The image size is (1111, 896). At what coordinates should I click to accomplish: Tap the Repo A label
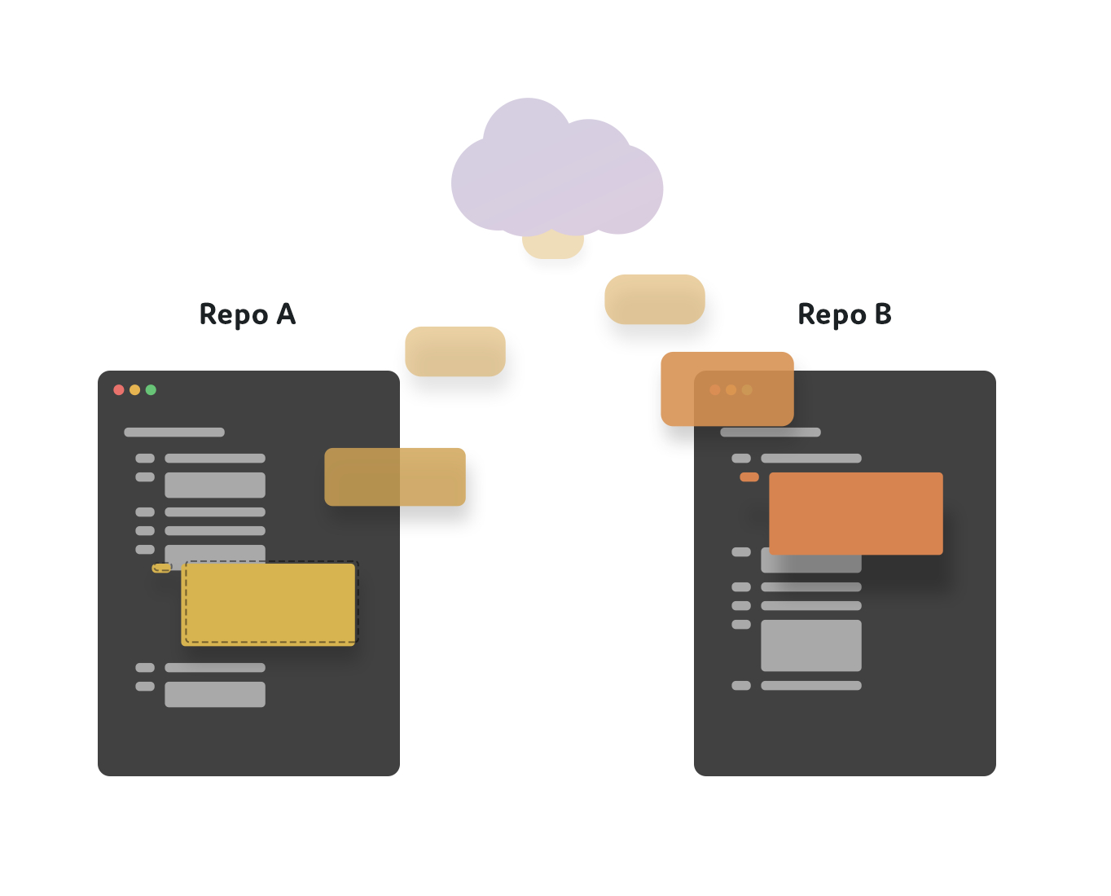click(248, 314)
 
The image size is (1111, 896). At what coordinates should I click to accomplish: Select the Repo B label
click(845, 314)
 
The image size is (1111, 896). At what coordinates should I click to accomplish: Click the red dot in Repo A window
click(119, 390)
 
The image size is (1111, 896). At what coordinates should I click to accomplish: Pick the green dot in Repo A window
click(151, 390)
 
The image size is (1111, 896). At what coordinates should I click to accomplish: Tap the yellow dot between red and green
click(134, 390)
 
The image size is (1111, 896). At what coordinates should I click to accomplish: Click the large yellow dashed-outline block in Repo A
click(269, 604)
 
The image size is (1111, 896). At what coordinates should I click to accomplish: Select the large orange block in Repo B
click(856, 513)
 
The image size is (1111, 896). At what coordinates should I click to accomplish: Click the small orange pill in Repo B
click(749, 477)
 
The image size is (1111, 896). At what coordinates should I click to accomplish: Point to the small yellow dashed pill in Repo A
click(161, 568)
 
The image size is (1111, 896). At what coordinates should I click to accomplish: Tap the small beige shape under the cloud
click(553, 246)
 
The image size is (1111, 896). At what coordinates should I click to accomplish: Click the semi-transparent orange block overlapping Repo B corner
click(727, 389)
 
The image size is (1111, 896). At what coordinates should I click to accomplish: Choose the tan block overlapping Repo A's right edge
click(395, 477)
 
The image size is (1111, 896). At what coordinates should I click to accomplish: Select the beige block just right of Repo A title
click(455, 351)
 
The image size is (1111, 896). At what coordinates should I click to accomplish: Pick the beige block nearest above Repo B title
click(655, 299)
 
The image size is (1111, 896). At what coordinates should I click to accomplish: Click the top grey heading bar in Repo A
click(174, 433)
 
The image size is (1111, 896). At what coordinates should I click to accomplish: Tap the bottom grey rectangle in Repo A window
click(215, 694)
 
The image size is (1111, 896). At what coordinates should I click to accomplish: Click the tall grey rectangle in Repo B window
click(811, 646)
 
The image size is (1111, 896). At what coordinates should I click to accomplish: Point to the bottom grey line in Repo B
click(811, 685)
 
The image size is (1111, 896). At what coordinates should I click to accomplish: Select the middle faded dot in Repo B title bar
click(731, 390)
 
